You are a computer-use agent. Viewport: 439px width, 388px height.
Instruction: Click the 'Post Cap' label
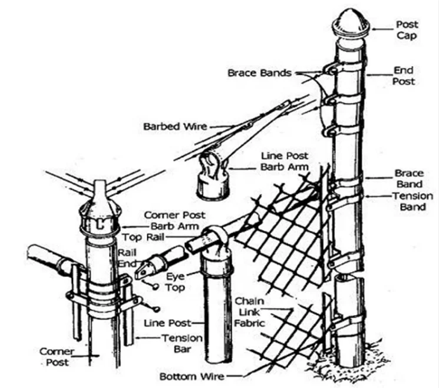407,30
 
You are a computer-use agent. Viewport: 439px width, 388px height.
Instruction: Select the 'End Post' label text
404,76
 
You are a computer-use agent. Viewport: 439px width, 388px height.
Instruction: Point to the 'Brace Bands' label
259,73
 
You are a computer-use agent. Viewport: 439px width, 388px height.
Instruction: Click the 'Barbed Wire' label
175,127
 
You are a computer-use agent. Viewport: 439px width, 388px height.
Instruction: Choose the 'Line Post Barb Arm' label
285,161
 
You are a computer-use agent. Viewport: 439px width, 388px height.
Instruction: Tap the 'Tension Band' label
412,201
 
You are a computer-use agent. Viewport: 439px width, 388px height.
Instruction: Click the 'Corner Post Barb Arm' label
174,220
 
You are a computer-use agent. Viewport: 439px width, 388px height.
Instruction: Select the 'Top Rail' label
143,237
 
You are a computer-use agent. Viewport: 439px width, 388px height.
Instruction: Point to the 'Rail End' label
127,258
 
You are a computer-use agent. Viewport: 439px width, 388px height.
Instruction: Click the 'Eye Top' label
175,282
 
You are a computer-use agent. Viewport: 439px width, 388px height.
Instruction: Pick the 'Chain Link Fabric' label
249,312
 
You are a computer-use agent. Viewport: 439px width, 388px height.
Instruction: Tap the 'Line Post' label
167,323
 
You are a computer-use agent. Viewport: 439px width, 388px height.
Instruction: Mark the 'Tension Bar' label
182,343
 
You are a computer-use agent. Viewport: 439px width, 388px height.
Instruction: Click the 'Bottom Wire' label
192,377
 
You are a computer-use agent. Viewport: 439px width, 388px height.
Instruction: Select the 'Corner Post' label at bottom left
57,357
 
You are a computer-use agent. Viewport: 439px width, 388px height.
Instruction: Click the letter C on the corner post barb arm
100,224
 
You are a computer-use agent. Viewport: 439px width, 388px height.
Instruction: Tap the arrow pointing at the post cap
382,29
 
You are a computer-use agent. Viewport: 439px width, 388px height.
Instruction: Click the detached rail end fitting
160,261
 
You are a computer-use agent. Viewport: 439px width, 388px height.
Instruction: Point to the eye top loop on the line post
216,232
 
